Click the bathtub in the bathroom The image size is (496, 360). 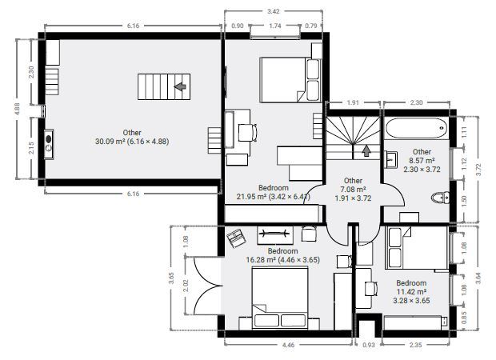click(417, 128)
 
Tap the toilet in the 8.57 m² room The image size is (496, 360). click(440, 198)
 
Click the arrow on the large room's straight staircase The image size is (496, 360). click(180, 86)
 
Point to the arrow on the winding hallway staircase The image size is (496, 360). click(366, 151)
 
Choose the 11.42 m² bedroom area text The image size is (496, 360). click(411, 292)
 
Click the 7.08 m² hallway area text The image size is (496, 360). click(353, 190)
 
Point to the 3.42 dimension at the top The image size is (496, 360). click(274, 11)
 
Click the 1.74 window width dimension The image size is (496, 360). click(275, 26)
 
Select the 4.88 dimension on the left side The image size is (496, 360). click(17, 109)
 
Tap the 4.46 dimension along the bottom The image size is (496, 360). click(288, 345)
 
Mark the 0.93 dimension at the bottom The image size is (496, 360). click(369, 345)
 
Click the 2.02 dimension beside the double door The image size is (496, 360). click(186, 285)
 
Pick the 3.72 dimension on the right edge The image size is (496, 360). click(478, 170)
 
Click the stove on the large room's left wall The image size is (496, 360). click(49, 144)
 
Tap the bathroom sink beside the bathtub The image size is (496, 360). click(391, 159)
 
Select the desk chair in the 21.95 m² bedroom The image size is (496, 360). click(247, 133)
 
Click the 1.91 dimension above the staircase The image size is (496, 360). click(353, 102)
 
